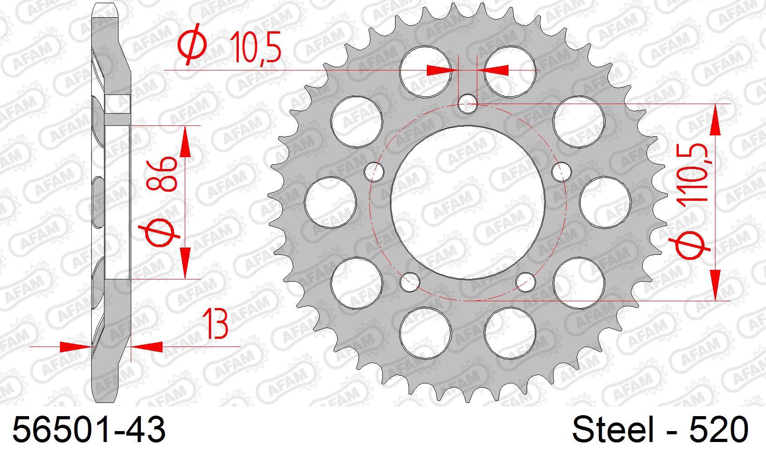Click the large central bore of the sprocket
468,202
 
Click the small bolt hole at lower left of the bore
410,282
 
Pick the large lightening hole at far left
330,202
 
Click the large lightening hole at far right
606,202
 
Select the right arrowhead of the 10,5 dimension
493,70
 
